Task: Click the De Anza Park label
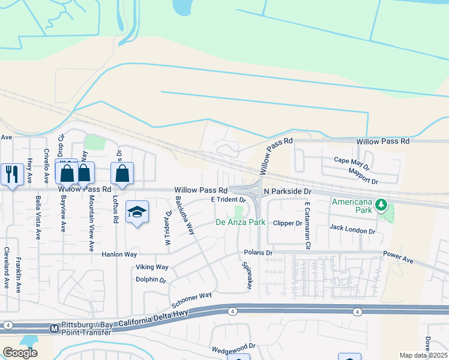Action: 240,223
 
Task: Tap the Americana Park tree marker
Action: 381,206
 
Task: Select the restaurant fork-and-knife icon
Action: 12,173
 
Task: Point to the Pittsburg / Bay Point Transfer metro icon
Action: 53,328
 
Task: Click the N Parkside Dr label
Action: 288,191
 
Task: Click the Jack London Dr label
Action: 352,229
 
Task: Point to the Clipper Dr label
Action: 288,223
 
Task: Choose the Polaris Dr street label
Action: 258,253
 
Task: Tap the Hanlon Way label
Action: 119,254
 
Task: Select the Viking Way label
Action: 152,267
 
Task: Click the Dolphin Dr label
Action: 151,280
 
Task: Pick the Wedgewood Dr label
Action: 234,346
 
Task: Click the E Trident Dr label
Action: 228,199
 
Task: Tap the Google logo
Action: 20,352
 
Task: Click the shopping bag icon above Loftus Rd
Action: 122,173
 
